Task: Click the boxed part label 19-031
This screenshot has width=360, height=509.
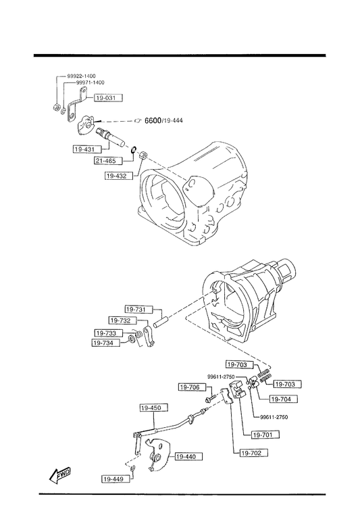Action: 109,98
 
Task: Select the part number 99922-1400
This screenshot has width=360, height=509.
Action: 82,76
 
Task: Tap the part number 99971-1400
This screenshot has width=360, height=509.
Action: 90,82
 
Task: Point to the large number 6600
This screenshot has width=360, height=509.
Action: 153,120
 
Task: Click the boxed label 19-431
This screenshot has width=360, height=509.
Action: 84,149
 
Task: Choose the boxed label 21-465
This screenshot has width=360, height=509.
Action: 106,160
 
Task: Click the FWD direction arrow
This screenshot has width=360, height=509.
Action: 60,476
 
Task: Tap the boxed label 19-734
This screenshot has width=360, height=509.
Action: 104,343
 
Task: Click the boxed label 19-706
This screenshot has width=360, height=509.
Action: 190,387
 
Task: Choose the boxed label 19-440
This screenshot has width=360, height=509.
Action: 186,456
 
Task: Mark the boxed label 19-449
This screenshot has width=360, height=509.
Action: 113,479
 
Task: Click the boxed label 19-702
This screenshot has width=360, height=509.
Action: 252,453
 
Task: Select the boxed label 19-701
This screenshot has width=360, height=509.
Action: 263,435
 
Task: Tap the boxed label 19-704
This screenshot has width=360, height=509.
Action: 281,399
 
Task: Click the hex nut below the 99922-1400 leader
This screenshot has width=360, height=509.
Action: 56,107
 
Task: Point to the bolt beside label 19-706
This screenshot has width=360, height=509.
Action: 211,397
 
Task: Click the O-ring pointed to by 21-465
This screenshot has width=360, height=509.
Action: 133,149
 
